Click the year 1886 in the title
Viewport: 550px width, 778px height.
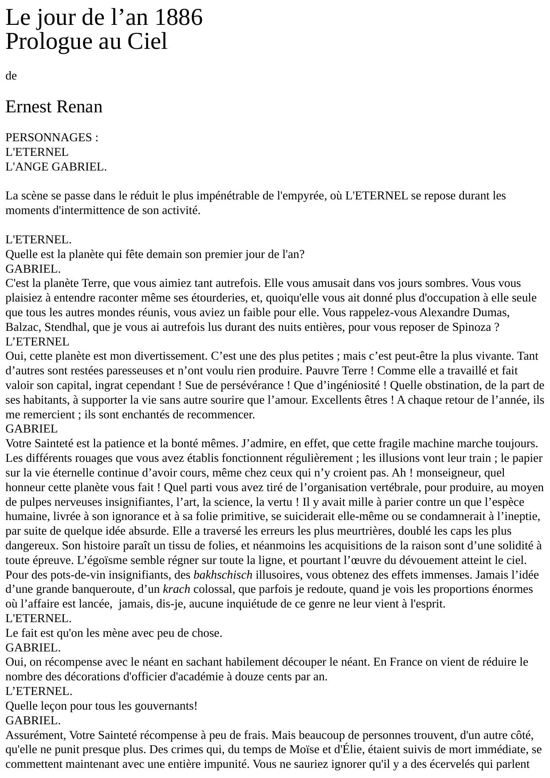pos(179,18)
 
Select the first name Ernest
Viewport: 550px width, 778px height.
pos(29,107)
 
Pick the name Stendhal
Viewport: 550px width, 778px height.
pos(56,327)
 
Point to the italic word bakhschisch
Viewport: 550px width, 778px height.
pos(223,575)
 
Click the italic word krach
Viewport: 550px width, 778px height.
pos(177,590)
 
